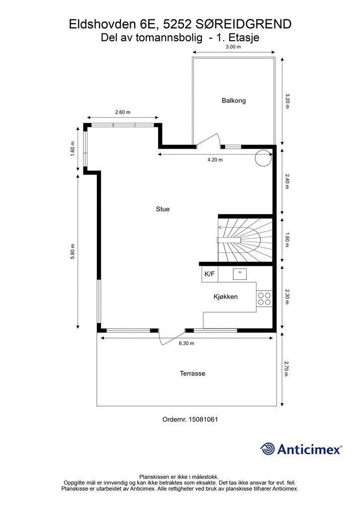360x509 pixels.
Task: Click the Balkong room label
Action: [x=233, y=100]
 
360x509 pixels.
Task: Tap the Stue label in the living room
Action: [x=163, y=209]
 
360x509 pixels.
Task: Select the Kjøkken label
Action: [x=226, y=297]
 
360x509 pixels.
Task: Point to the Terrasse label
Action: [x=192, y=374]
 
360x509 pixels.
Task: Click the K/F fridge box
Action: [x=210, y=274]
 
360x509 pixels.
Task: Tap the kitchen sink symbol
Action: [x=240, y=274]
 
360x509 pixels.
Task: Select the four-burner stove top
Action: [x=264, y=299]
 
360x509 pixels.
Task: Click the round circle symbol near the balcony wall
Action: [x=263, y=158]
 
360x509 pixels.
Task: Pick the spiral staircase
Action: [x=245, y=240]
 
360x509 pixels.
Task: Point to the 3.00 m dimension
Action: [x=233, y=47]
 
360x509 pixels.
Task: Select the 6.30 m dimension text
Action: [x=186, y=343]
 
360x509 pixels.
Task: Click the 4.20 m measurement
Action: [x=215, y=160]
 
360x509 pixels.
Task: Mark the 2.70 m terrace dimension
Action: [x=286, y=369]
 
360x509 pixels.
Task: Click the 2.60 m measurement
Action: [x=123, y=112]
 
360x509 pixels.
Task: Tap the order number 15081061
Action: [x=204, y=420]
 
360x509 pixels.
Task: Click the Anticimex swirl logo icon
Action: [x=268, y=449]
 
